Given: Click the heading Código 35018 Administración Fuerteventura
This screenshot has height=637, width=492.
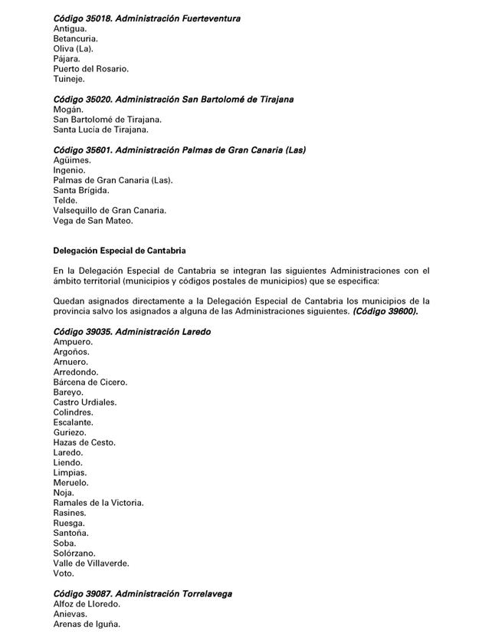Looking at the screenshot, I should [146, 18].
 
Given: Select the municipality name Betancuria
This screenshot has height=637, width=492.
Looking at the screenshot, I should [75, 38].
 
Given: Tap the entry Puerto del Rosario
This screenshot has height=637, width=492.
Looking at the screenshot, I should [90, 68].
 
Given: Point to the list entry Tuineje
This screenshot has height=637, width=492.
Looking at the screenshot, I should [69, 78].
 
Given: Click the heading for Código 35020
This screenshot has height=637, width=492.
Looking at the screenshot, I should [173, 100].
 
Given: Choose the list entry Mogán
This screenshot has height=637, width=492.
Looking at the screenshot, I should [68, 110].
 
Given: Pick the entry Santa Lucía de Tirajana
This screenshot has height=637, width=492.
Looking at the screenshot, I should [100, 130].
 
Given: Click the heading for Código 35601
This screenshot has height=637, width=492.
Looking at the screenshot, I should [179, 150].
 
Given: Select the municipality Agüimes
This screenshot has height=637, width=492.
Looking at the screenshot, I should [72, 160].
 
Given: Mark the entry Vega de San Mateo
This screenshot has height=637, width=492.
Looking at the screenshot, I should [93, 221].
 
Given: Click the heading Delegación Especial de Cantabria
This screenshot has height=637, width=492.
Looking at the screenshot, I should [120, 251].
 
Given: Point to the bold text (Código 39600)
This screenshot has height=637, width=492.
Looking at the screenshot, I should [385, 311].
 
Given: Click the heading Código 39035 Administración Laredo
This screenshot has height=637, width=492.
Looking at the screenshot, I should [132, 332].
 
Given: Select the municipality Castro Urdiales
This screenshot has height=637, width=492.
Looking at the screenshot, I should [84, 402].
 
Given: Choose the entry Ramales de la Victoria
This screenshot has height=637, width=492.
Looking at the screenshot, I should [98, 503].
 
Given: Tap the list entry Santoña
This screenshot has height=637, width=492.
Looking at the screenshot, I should [71, 533].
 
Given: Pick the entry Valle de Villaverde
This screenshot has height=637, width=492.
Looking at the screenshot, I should [91, 563].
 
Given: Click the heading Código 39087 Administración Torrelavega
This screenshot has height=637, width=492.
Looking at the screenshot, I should [143, 593].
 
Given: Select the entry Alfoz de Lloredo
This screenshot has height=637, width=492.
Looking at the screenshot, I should [87, 604].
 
